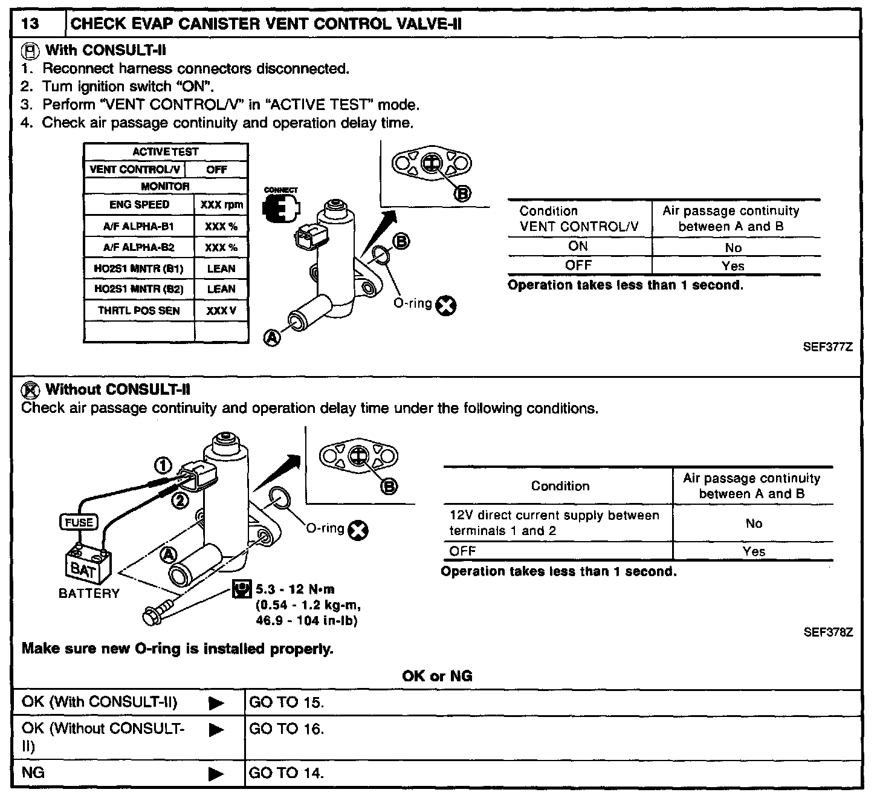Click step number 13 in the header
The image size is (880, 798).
(x=30, y=25)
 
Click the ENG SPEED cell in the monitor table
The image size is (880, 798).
(x=139, y=204)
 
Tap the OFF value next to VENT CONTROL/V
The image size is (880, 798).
(x=216, y=170)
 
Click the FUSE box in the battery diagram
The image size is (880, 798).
(x=79, y=522)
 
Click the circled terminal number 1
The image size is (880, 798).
(x=163, y=465)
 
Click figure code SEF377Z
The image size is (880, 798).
(x=827, y=348)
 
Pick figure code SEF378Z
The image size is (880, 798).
(x=827, y=632)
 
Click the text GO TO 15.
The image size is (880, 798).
(x=286, y=702)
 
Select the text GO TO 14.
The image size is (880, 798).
(x=286, y=773)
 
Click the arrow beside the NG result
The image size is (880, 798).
(x=216, y=773)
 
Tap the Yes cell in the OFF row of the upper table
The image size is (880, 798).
(x=733, y=266)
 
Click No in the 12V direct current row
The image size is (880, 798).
(x=754, y=524)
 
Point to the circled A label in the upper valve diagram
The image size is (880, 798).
(x=273, y=339)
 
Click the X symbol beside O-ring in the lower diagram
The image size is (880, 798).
(x=359, y=531)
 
